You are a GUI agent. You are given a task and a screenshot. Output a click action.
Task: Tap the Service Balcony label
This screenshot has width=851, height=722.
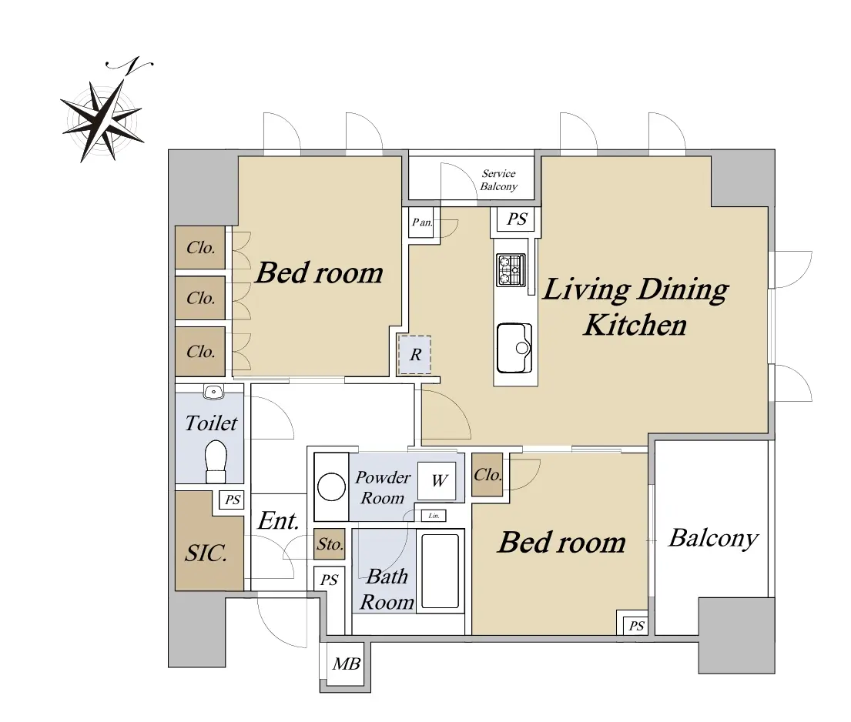pos(499,180)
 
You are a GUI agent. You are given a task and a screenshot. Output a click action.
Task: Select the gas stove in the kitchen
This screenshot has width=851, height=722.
pos(511,269)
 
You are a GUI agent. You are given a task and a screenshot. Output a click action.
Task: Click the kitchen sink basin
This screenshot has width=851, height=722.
pos(514,348)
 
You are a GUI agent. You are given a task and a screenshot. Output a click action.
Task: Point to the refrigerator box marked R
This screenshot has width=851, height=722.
pos(414,355)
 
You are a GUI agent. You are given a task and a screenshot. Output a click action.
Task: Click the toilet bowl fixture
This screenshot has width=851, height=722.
pos(216,461)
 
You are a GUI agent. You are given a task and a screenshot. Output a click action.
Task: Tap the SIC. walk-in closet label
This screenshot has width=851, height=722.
pos(206,553)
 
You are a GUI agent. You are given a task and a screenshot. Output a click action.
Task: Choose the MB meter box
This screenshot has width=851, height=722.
pos(347,664)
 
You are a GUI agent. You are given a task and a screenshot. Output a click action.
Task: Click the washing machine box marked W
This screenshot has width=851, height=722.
pos(437,481)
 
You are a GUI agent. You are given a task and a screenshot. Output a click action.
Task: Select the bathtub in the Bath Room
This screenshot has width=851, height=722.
pos(441,571)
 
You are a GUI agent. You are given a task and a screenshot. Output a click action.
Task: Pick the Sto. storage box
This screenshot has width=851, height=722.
pos(330,544)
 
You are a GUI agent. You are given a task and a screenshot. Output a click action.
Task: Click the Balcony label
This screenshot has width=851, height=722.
pos(713,539)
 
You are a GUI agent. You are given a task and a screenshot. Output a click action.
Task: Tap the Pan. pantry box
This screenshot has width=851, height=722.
pos(421,222)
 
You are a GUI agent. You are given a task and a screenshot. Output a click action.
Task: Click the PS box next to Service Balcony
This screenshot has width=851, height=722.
pos(516,219)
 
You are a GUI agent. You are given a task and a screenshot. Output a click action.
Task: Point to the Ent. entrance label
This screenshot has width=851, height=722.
pos(279,521)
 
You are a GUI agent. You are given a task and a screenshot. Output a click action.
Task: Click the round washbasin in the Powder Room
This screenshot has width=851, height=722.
pos(331,486)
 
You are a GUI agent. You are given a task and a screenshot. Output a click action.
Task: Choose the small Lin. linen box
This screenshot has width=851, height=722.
pos(434,515)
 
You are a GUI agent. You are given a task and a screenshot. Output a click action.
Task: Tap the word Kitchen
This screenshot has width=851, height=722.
pos(635,326)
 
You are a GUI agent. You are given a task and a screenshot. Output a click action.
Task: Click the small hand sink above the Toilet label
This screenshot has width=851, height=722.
pos(214,391)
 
